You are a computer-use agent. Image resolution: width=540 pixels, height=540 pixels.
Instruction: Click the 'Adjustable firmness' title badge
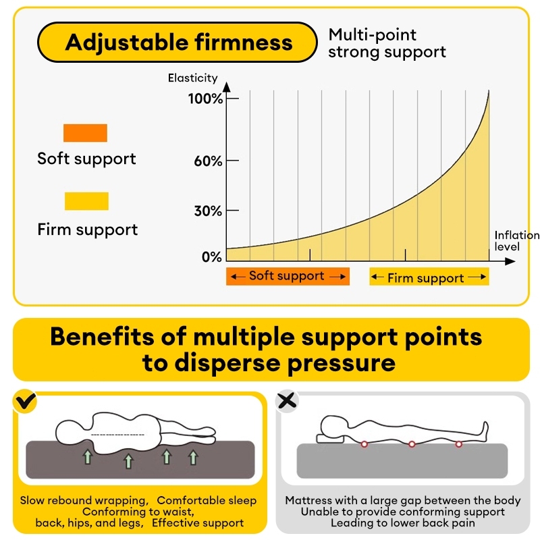click(x=178, y=43)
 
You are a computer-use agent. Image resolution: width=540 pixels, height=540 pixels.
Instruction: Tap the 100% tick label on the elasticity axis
click(x=205, y=99)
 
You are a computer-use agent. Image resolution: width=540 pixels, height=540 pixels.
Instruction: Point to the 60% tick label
click(x=207, y=161)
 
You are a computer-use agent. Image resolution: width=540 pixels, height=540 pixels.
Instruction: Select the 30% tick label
click(x=207, y=211)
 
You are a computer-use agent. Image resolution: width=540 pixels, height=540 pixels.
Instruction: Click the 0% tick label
click(x=211, y=257)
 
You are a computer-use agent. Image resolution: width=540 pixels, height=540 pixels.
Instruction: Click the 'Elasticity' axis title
click(x=193, y=78)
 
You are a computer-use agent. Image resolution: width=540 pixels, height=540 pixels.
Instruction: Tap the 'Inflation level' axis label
click(x=516, y=240)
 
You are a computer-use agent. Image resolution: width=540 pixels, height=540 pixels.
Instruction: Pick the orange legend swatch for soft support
click(x=85, y=133)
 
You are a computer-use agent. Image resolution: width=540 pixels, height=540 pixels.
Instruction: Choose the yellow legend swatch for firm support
click(x=86, y=201)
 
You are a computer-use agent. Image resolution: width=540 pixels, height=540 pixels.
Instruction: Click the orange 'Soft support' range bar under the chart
click(x=288, y=276)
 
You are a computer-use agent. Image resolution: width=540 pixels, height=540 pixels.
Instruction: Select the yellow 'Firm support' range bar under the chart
click(x=429, y=277)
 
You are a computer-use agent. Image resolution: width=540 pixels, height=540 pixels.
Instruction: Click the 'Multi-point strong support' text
click(x=387, y=43)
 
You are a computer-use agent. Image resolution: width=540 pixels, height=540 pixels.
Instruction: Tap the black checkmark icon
click(x=26, y=402)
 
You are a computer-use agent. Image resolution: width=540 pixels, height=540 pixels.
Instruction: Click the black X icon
click(x=288, y=401)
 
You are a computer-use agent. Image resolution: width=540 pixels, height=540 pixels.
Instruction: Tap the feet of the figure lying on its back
click(x=483, y=427)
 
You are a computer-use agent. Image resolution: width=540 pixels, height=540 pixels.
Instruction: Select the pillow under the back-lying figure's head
click(x=329, y=439)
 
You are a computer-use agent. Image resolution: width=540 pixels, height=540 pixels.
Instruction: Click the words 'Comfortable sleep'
click(x=207, y=500)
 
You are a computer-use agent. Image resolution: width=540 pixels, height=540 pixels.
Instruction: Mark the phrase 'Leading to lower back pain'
click(x=403, y=522)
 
